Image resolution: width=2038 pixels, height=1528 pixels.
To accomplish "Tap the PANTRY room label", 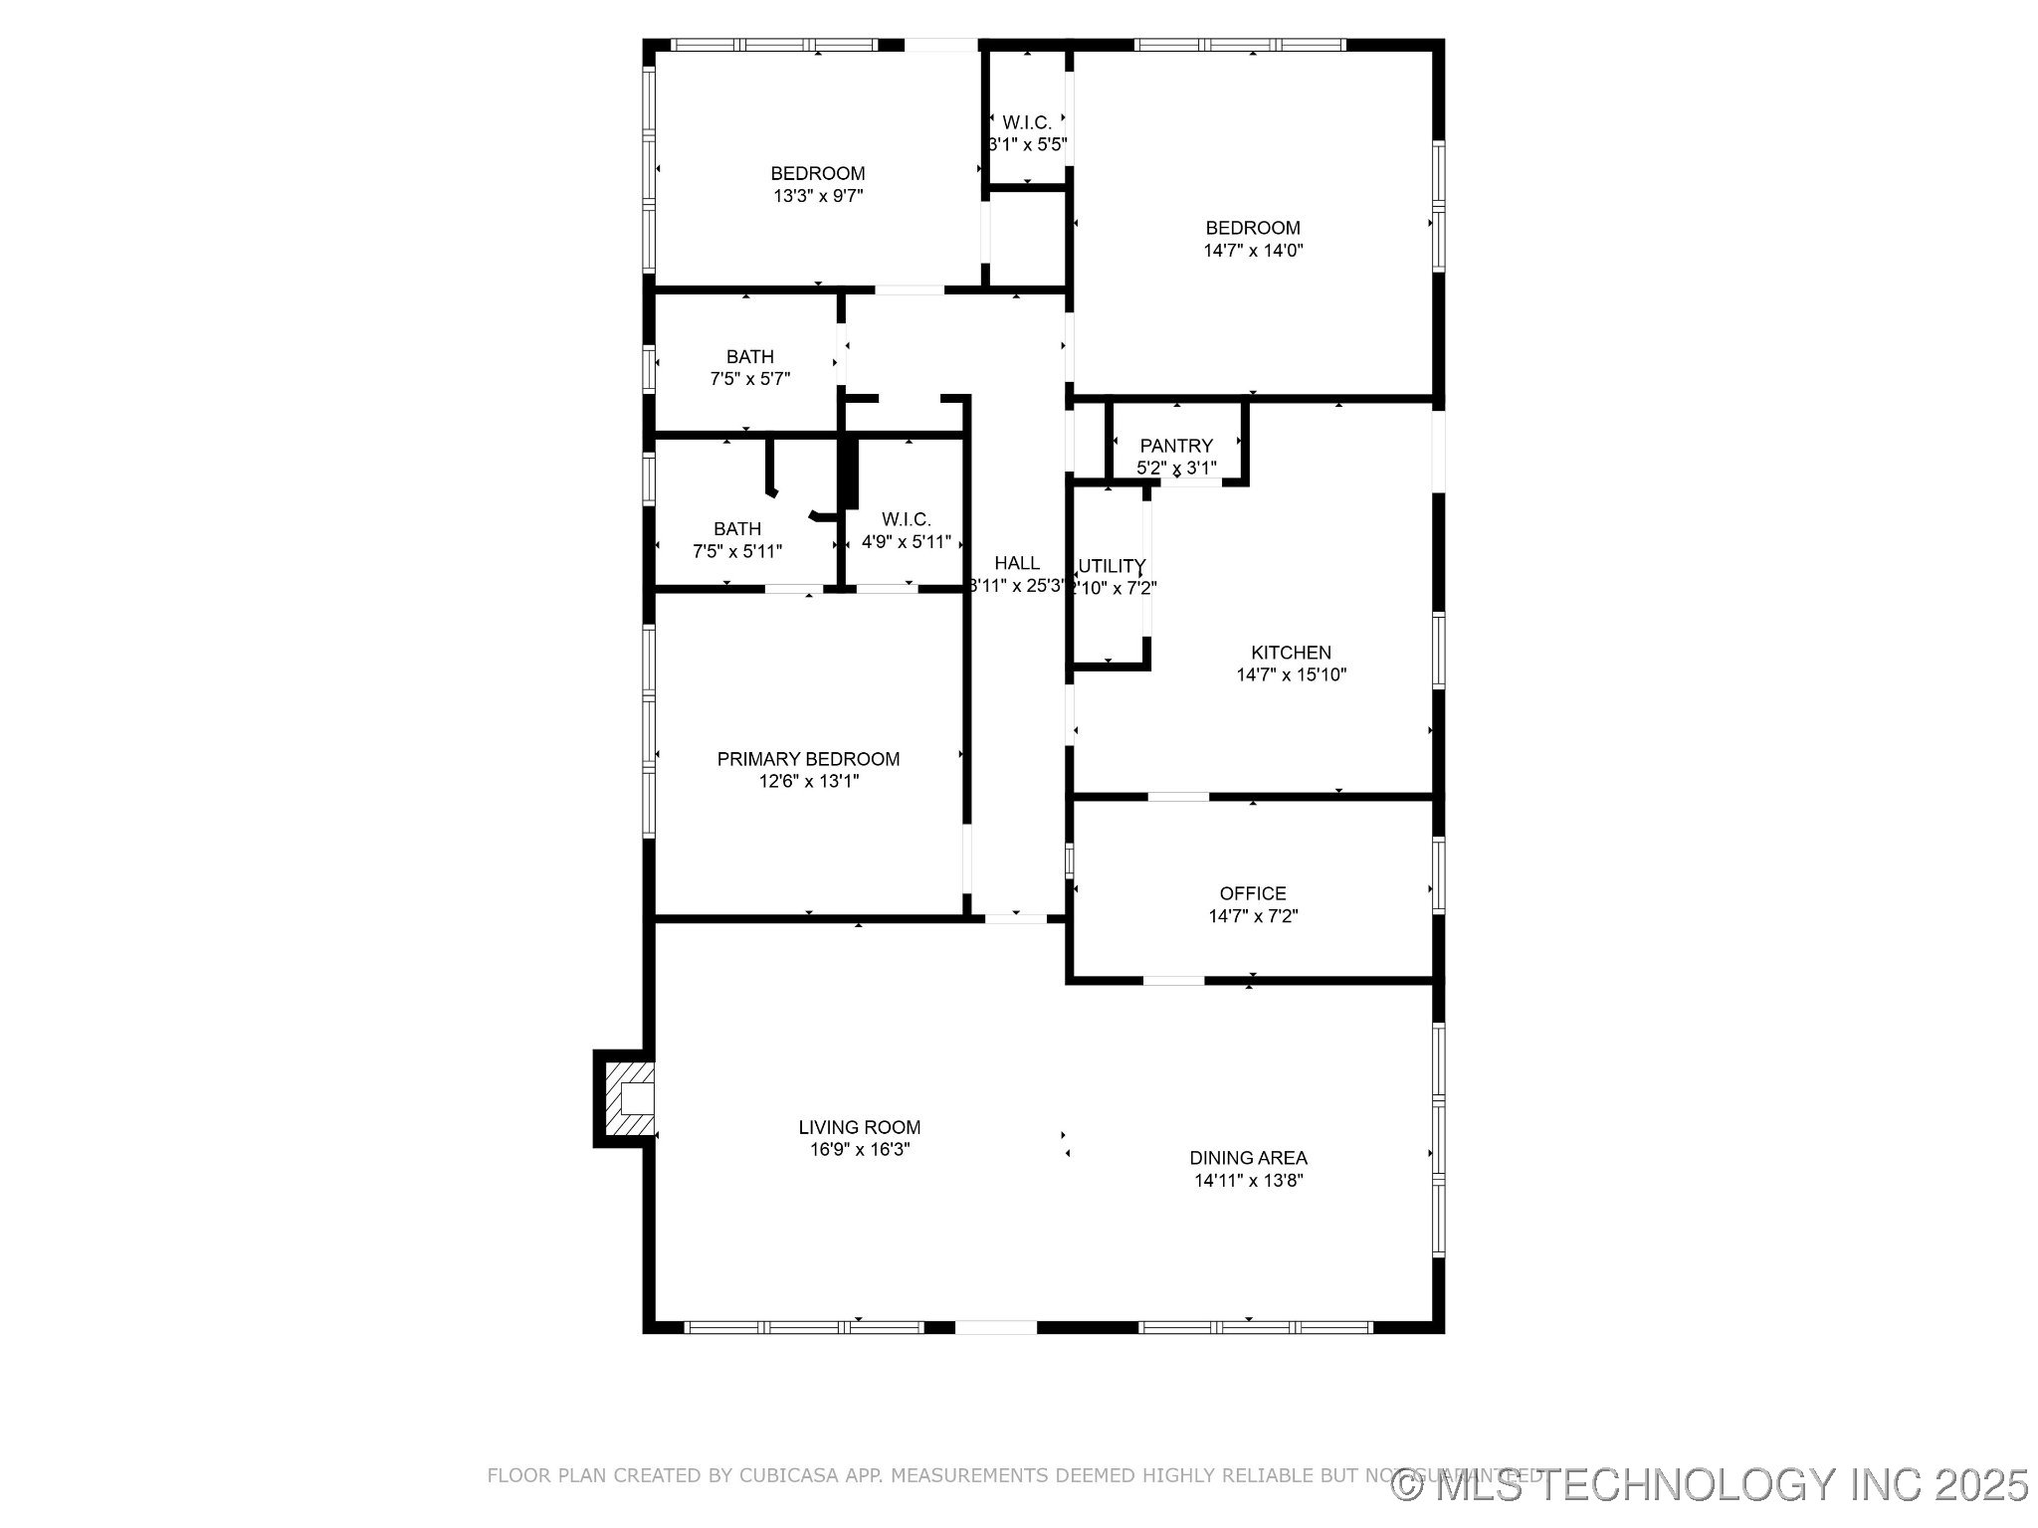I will pos(1176,446).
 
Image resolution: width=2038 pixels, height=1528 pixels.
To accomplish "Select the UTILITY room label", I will pos(1112,565).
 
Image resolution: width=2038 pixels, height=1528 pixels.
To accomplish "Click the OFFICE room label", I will pos(1253,893).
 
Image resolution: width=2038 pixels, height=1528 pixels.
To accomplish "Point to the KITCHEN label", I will pos(1291,653).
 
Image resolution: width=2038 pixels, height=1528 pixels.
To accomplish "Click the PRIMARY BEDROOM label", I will pos(808,759).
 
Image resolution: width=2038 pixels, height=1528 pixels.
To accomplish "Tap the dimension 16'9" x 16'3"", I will pos(860,1150).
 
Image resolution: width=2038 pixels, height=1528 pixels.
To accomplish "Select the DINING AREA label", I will pos(1248,1158).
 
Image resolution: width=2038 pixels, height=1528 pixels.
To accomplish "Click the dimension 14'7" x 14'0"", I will pos(1253,251).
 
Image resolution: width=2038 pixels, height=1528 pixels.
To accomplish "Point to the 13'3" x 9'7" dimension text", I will pos(818,196).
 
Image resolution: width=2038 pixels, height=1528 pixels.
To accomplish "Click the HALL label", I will pos(1017,563).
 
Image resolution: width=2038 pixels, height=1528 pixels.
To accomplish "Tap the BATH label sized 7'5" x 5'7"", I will pos(749,356).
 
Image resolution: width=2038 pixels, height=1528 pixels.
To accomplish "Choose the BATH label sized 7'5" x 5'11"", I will pos(737,528).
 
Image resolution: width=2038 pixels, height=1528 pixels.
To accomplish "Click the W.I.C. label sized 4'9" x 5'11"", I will pos(906,519).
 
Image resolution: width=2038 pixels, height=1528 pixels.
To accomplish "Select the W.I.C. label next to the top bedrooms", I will pos(1027,122).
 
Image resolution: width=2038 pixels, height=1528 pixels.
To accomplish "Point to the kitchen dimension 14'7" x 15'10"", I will pos(1291,675).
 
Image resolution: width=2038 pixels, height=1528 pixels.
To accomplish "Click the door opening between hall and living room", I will pos(1016,919).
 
